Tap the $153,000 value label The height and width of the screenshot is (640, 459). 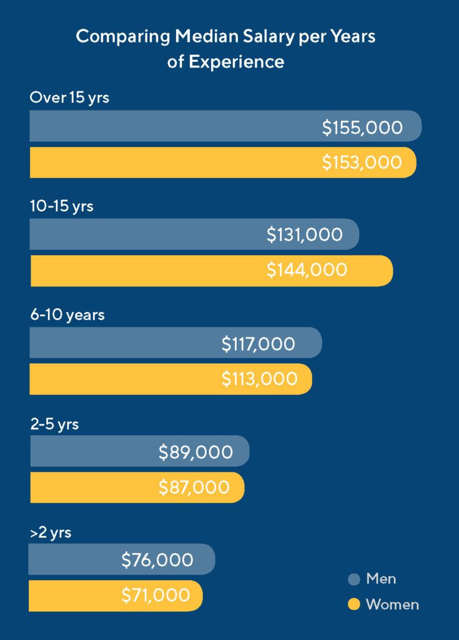pos(362,162)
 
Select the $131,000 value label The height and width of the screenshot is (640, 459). pos(305,234)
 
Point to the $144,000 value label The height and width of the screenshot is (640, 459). pos(307,270)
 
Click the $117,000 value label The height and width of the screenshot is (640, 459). pos(259,343)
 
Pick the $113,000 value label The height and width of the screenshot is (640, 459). pos(259,379)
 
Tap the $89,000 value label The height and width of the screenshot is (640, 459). pos(195,452)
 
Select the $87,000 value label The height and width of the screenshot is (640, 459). pos(194,487)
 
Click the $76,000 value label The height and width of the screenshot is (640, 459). pos(157,560)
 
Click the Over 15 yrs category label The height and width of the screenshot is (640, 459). pos(69,98)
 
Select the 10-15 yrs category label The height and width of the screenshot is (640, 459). pos(61,206)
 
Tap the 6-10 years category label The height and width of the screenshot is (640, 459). pos(67,315)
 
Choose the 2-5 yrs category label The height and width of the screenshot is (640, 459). pos(54,424)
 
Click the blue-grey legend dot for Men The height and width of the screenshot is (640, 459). pos(354,579)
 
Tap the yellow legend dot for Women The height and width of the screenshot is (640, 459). pos(354,604)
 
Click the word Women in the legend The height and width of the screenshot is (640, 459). pos(392,604)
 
